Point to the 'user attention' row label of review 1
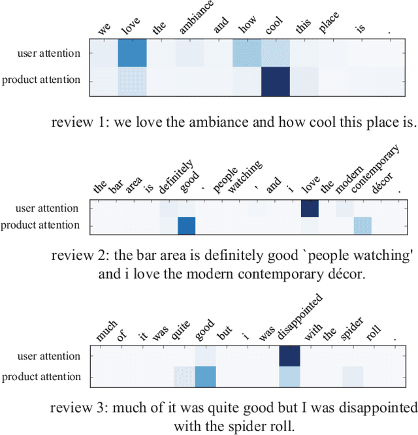pyautogui.click(x=50, y=52)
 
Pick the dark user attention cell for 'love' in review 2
pyautogui.click(x=309, y=208)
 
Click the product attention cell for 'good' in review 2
pyautogui.click(x=187, y=225)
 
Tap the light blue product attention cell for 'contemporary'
pyautogui.click(x=362, y=225)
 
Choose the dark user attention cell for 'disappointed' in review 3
pyautogui.click(x=289, y=356)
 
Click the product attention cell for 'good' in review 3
pyautogui.click(x=205, y=377)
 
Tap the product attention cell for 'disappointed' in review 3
pyautogui.click(x=289, y=377)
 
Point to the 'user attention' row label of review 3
pyautogui.click(x=50, y=356)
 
